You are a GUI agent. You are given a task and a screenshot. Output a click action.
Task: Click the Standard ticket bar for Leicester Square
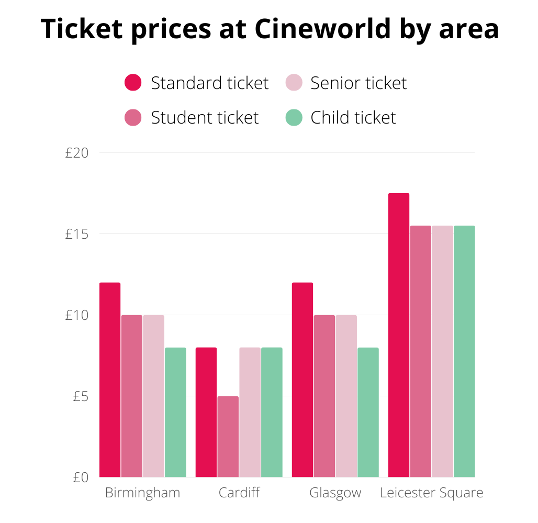click(399, 335)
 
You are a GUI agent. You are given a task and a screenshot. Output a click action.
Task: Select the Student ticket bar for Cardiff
click(228, 437)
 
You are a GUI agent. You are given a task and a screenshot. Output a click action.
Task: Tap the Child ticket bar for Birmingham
click(175, 412)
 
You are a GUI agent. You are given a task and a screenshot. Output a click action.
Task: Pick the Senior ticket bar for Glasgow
click(346, 396)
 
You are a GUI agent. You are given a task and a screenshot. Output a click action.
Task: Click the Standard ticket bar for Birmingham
click(110, 380)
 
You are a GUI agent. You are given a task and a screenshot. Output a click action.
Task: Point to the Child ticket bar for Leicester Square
click(464, 351)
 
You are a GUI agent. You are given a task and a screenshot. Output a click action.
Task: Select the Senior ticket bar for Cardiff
click(250, 412)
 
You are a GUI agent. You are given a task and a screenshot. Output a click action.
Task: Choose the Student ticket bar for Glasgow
click(324, 396)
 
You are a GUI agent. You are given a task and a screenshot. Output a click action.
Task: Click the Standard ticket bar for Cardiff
click(206, 412)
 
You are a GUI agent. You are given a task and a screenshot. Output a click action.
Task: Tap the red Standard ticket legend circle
click(133, 83)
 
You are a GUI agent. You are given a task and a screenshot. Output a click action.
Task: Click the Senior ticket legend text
click(358, 83)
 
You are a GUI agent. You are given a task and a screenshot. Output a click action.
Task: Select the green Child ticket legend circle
click(294, 117)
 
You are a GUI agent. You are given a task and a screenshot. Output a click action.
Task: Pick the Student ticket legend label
click(205, 117)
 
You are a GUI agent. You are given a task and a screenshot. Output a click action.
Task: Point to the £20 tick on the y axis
click(77, 153)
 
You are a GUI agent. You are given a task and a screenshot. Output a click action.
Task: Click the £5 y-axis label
click(80, 396)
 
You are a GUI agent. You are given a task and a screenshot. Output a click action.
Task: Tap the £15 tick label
click(77, 234)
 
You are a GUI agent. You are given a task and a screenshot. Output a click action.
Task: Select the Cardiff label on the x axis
click(239, 493)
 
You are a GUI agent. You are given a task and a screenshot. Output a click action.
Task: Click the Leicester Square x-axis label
click(431, 493)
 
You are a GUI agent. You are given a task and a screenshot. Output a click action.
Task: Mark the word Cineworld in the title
click(323, 29)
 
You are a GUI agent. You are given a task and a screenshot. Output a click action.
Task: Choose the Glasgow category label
click(335, 493)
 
